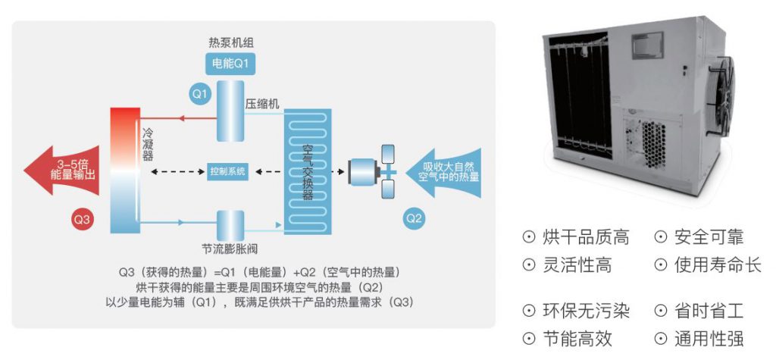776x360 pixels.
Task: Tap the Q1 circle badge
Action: click(199, 95)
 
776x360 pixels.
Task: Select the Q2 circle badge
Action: click(414, 218)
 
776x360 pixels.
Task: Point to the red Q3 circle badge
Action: click(82, 219)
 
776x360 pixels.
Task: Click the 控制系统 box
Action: click(228, 171)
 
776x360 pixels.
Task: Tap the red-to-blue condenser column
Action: click(125, 170)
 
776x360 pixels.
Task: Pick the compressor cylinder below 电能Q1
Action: click(228, 111)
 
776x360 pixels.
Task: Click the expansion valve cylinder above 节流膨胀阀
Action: click(228, 224)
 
